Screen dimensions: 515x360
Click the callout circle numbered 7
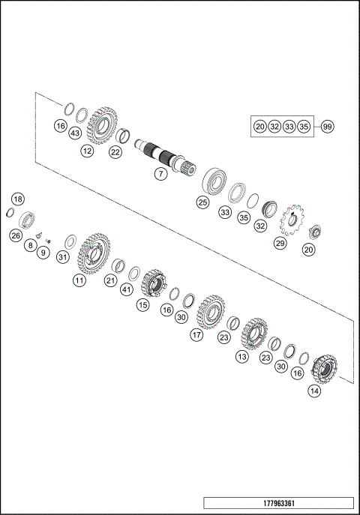click(x=160, y=174)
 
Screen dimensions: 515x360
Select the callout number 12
click(x=88, y=151)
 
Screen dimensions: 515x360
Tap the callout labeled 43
click(x=75, y=133)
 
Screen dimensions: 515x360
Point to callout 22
click(x=115, y=151)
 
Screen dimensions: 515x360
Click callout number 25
click(x=202, y=202)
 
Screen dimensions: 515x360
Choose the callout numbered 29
click(x=280, y=244)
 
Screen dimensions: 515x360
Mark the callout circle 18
click(x=18, y=199)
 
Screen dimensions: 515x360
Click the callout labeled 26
click(x=15, y=235)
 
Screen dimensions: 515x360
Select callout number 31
click(x=63, y=258)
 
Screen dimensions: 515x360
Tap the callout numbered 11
click(x=79, y=280)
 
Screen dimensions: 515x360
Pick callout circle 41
click(x=127, y=289)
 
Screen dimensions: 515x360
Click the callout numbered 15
click(x=142, y=305)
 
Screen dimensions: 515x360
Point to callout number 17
click(x=196, y=335)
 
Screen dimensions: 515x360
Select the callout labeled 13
click(x=241, y=358)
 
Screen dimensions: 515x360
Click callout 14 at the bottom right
click(x=313, y=391)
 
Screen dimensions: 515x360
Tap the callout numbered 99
click(x=327, y=127)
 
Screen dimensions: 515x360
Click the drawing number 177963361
click(x=277, y=503)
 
